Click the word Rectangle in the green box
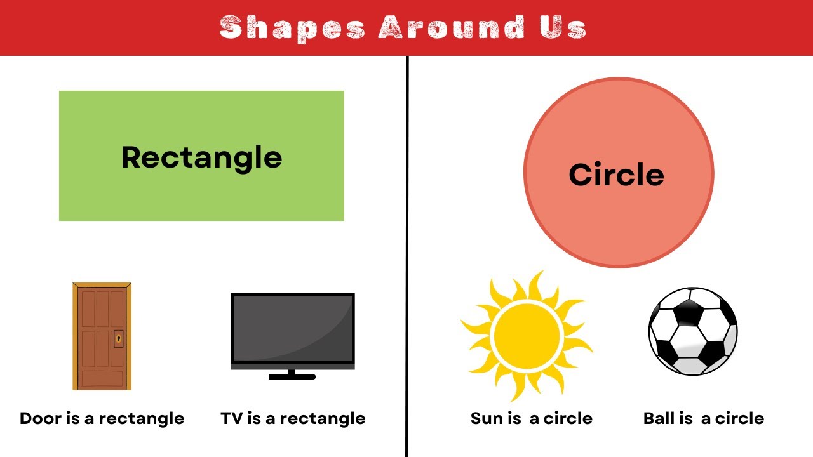tap(201, 157)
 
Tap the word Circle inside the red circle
tap(616, 175)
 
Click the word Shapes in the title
tap(292, 28)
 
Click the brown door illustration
tap(102, 336)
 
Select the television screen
tap(292, 329)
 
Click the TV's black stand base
tap(292, 376)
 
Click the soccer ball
tap(693, 331)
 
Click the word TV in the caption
tap(232, 419)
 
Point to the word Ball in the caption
tap(660, 419)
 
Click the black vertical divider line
tap(406, 254)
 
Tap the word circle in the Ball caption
tap(739, 419)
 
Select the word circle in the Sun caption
tap(568, 419)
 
